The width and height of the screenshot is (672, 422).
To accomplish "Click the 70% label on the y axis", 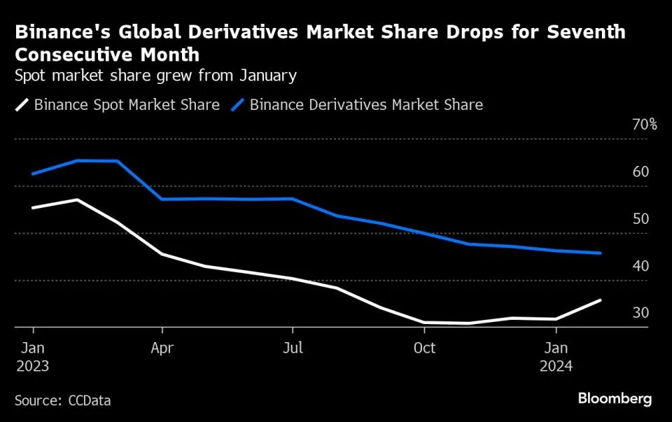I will (644, 125).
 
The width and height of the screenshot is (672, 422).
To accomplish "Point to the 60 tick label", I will (641, 172).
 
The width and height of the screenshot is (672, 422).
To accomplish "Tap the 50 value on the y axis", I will (641, 219).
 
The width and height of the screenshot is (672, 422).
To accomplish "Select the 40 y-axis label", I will (641, 266).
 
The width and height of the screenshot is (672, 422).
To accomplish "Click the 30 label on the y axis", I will (641, 313).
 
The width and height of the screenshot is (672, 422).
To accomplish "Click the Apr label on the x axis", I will (162, 348).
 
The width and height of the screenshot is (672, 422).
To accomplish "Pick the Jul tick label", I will (293, 348).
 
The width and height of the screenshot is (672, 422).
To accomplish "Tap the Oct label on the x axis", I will (424, 348).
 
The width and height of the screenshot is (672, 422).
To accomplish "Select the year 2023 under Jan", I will (32, 366).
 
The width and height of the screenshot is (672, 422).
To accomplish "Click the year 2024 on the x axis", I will (556, 366).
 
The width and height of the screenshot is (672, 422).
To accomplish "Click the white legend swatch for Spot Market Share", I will (22, 105).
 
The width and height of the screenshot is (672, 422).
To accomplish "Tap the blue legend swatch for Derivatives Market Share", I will (238, 105).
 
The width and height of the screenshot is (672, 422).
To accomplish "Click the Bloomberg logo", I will (615, 399).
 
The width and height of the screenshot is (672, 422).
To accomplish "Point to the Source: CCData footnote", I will (62, 400).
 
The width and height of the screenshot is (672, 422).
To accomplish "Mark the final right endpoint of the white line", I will (601, 300).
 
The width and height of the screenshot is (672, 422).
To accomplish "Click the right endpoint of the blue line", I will (601, 253).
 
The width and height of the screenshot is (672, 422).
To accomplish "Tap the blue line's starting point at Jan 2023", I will (32, 174).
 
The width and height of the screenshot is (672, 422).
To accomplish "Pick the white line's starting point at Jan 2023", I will (32, 208).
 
